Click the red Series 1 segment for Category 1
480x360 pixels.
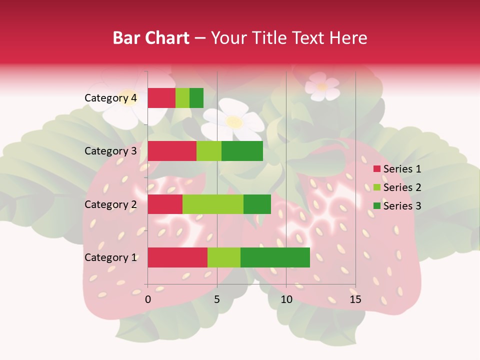pyautogui.click(x=177, y=257)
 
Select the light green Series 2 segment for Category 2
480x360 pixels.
pyautogui.click(x=213, y=204)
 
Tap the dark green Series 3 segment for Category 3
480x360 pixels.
pyautogui.click(x=242, y=151)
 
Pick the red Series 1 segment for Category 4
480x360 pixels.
pyautogui.click(x=161, y=98)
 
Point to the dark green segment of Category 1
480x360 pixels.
pyautogui.click(x=275, y=257)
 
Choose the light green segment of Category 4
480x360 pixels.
pyautogui.click(x=182, y=98)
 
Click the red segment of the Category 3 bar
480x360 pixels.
pyautogui.click(x=172, y=151)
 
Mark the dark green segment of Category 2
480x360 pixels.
pyautogui.click(x=257, y=204)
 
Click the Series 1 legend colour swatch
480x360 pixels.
pyautogui.click(x=376, y=169)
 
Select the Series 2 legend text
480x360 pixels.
pyautogui.click(x=402, y=187)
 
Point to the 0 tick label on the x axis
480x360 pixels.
pyautogui.click(x=148, y=299)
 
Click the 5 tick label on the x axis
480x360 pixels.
pyautogui.click(x=217, y=299)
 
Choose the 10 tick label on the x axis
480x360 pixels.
pyautogui.click(x=286, y=299)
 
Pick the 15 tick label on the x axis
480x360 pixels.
pyautogui.click(x=355, y=299)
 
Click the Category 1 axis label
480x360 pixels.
pyautogui.click(x=110, y=257)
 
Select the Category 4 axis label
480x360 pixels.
pyautogui.click(x=110, y=98)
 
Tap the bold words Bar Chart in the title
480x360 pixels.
pyautogui.click(x=151, y=38)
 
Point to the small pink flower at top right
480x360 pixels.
pyautogui.click(x=322, y=86)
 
